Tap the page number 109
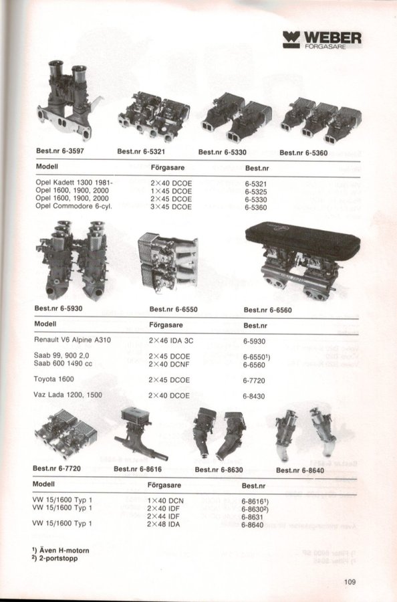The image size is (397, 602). [x=350, y=582]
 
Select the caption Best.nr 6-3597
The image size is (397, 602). [x=60, y=151]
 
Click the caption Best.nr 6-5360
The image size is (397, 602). [x=303, y=153]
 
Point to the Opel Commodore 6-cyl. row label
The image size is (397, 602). [x=74, y=206]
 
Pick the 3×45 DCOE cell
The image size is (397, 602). [x=171, y=207]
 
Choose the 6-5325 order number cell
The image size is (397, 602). [x=256, y=191]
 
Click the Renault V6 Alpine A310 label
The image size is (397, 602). [x=72, y=340]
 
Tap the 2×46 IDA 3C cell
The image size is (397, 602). [x=171, y=341]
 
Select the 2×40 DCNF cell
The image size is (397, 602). [x=169, y=364]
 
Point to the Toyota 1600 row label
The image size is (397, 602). [x=53, y=379]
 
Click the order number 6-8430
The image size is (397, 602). [x=253, y=396]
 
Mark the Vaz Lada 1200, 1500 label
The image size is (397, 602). [x=68, y=395]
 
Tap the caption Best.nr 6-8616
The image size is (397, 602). [x=138, y=469]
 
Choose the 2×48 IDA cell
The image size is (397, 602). [x=163, y=524]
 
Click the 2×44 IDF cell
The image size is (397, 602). [x=163, y=516]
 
